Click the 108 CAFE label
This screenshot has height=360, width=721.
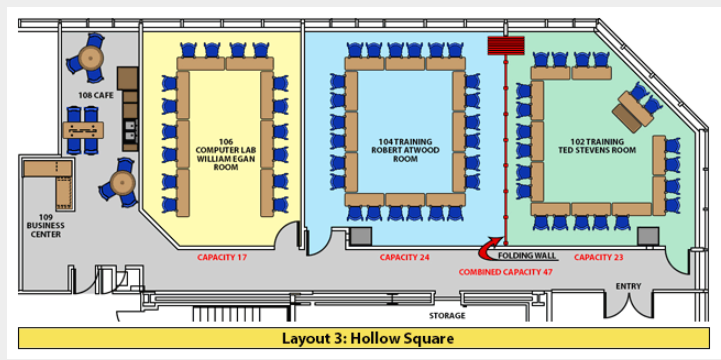point(95,95)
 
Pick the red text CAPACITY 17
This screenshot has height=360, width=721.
point(222,258)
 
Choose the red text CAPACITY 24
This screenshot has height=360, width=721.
point(405,258)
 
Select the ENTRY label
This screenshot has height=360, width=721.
point(628,287)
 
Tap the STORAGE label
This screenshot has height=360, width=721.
point(447,315)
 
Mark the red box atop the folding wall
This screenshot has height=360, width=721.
point(506,46)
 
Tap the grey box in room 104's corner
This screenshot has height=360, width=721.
point(359,236)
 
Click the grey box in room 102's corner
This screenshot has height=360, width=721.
point(648,236)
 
